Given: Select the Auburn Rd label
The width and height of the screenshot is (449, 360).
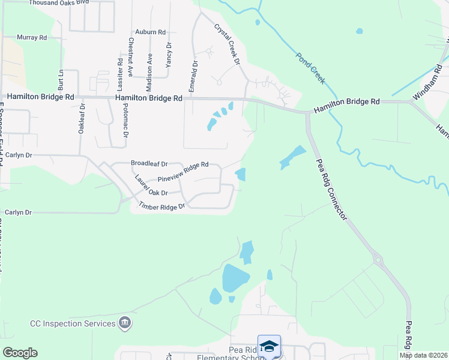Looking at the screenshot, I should (x=150, y=31).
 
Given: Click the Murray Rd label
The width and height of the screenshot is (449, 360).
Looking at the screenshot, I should (x=32, y=37).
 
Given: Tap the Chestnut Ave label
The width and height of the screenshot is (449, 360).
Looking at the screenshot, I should (x=131, y=56).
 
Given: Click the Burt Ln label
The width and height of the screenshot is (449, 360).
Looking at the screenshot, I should (x=61, y=79).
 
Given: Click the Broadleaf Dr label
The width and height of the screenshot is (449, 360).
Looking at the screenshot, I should (x=149, y=163).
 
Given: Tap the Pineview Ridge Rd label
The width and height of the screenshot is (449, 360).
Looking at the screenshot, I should (x=182, y=172).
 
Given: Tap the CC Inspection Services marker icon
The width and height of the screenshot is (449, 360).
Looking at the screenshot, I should (x=125, y=323).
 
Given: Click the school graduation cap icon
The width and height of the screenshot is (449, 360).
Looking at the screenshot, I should (x=270, y=346).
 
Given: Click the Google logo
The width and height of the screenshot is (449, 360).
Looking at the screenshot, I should (x=20, y=353).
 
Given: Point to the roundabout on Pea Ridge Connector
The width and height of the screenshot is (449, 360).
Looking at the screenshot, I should (x=378, y=259).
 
